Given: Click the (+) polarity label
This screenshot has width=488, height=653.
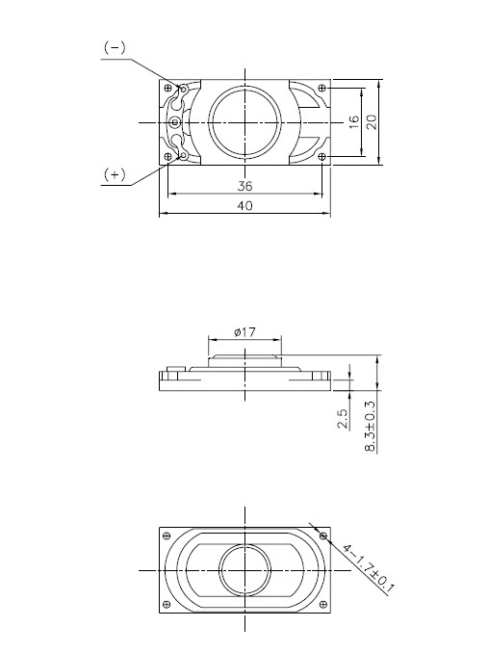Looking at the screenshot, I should pos(114,173).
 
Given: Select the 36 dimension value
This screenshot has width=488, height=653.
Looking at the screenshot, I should pos(244,186).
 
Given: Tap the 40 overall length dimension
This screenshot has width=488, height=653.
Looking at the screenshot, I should pos(244,206).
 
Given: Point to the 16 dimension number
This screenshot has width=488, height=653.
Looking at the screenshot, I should pos(353,121).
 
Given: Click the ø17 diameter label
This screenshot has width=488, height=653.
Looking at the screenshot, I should pos(244,331).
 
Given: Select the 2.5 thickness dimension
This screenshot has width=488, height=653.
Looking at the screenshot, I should pos(343,420).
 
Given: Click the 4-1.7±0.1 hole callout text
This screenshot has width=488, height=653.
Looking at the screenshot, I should pos(366,569).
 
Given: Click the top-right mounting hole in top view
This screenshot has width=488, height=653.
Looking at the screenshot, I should pos(321,88).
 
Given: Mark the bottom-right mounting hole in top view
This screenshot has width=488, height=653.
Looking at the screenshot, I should pos(321,156).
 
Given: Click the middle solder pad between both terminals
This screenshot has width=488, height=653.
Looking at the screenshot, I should pos(174,121).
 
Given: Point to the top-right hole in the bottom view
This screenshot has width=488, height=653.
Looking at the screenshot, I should pos(323,535).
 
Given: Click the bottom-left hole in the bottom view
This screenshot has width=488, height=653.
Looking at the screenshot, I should pos(168,604).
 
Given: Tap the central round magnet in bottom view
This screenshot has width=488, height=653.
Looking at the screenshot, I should pos(244,570).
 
